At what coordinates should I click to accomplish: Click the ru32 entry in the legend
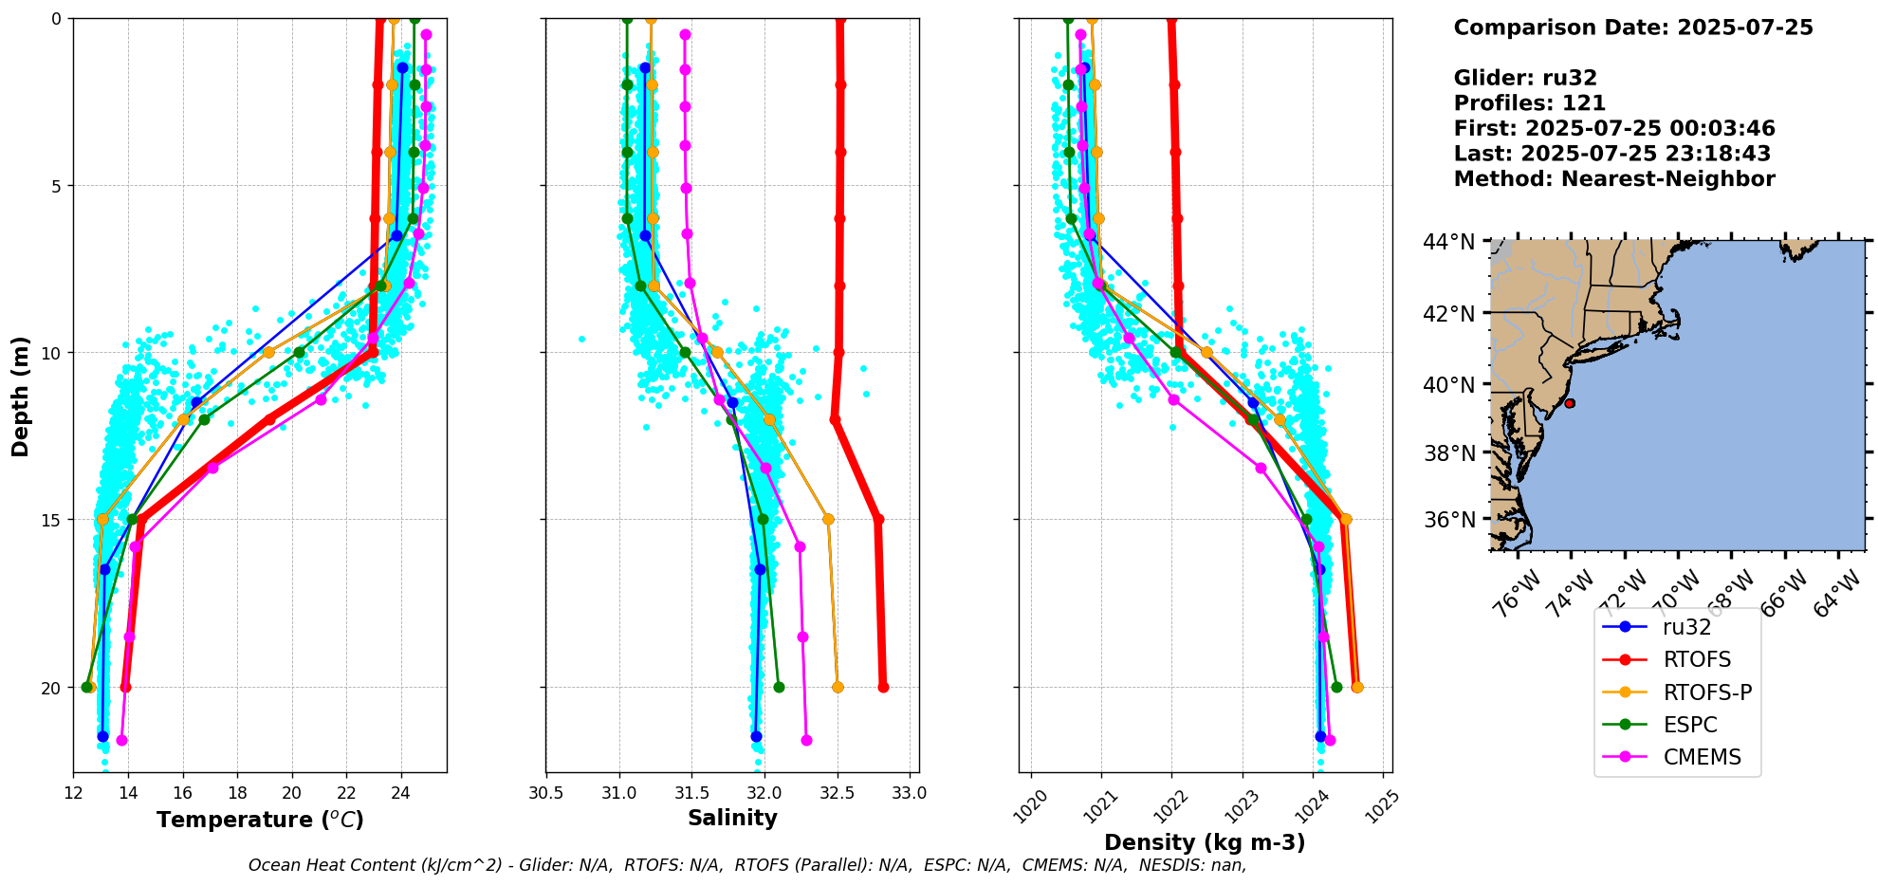coord(1686,627)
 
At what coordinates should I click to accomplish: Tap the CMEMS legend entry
coord(1702,758)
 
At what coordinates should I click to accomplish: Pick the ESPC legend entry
coord(1690,726)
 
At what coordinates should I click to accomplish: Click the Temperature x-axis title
coord(260,820)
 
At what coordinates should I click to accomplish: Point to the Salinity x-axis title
coord(732,819)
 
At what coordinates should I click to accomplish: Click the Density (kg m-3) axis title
coord(1205,842)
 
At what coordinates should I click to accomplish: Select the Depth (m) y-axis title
coord(21,396)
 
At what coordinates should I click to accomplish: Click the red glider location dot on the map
coord(1570,403)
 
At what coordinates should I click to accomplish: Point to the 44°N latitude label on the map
coord(1448,243)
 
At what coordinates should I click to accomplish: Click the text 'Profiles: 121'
coord(1529,103)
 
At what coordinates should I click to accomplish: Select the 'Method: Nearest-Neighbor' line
coord(1613,179)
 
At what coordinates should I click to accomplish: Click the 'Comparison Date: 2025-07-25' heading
coord(1632,28)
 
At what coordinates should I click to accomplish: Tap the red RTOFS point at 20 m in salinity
coord(883,687)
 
